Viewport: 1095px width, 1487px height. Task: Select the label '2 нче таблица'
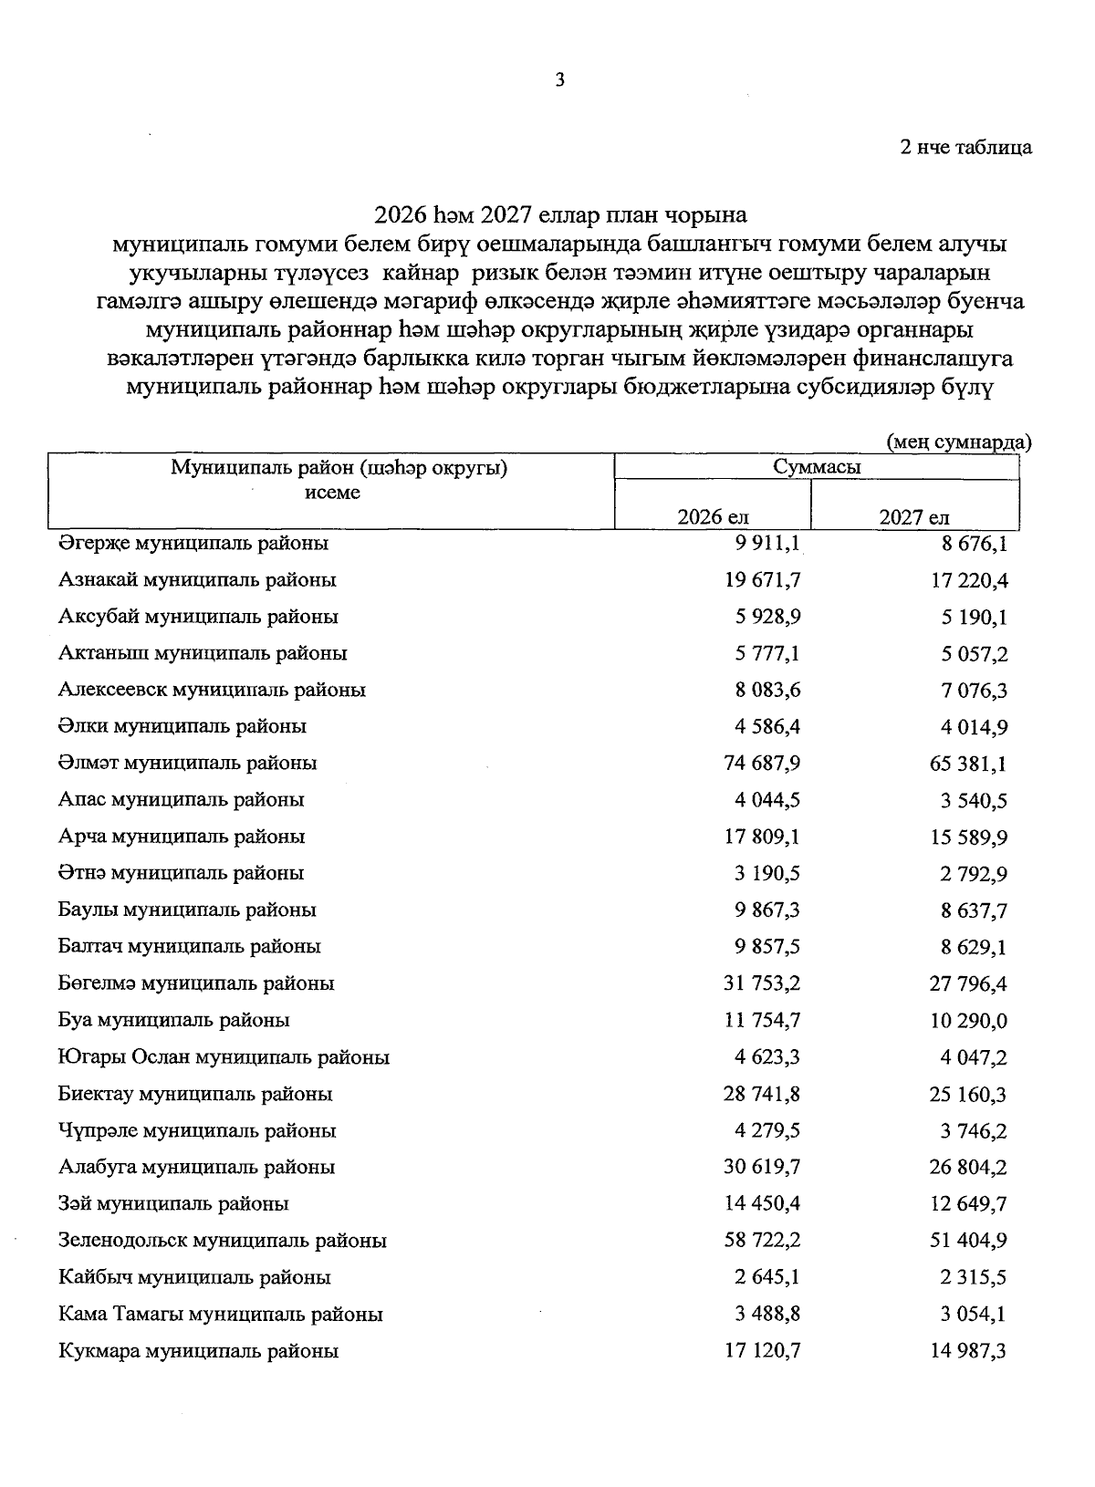point(965,148)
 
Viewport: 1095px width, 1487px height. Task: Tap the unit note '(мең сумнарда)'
point(958,442)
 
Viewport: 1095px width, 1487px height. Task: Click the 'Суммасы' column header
point(817,467)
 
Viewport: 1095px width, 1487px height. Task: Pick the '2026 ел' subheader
point(713,517)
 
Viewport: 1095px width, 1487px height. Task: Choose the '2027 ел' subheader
point(914,517)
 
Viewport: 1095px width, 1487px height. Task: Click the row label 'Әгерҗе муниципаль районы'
point(193,544)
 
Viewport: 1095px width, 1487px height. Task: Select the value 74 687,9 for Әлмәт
point(763,764)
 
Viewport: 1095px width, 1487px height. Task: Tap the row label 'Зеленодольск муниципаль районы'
point(222,1241)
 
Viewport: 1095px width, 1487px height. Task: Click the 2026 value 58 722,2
point(763,1241)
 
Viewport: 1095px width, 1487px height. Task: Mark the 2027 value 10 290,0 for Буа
point(968,1021)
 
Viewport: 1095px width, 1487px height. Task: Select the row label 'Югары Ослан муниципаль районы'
point(224,1057)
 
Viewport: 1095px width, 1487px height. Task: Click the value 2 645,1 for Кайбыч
point(767,1277)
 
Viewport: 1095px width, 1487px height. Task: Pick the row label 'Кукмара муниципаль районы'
point(198,1351)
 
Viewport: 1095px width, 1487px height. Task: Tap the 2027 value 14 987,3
point(968,1351)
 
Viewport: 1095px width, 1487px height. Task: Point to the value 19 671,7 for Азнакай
point(763,580)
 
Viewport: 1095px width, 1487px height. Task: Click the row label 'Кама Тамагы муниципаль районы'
point(220,1315)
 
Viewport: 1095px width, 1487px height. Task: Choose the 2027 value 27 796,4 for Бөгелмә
point(968,984)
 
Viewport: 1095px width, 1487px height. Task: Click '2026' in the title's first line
point(401,216)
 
